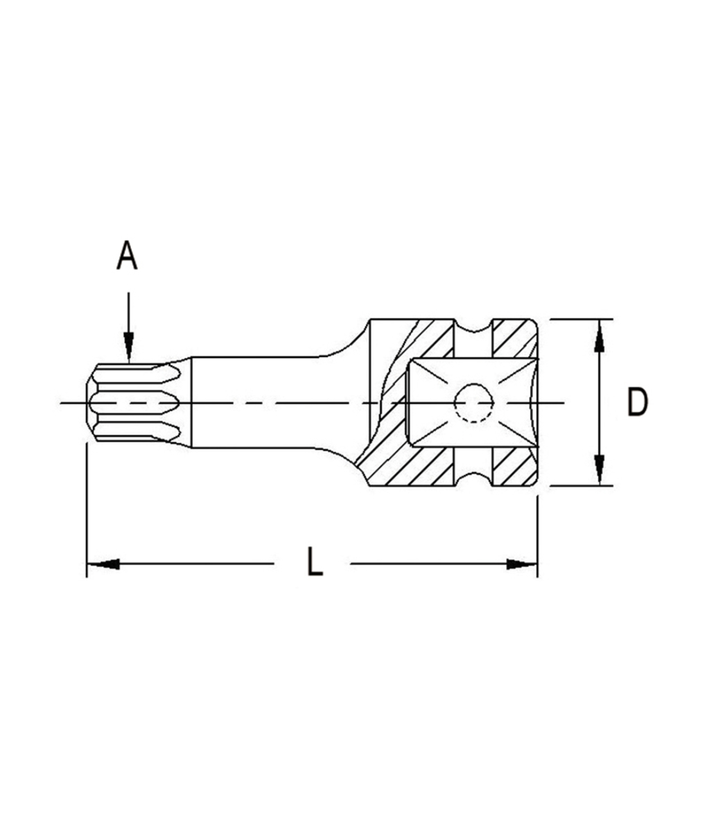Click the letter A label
pos(127,256)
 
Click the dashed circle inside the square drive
pos(473,403)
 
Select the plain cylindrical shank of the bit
pos(270,403)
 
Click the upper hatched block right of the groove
pos(514,338)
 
